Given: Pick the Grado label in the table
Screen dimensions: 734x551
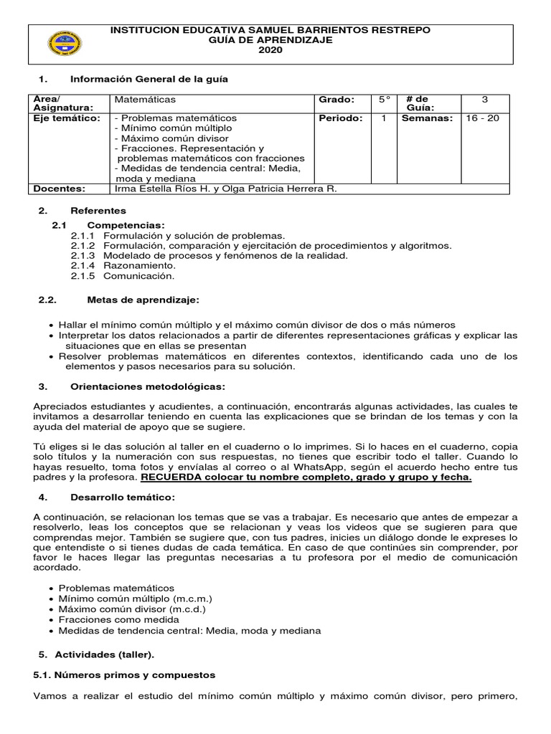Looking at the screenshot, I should point(336,100).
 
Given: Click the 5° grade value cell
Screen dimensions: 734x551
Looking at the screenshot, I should point(385,100).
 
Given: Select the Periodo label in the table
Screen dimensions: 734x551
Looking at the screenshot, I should point(341,118).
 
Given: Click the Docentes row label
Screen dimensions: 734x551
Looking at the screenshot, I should point(60,189).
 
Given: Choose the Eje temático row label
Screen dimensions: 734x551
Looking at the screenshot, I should point(67,118).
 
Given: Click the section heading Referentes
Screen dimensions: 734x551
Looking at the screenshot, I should point(98,211).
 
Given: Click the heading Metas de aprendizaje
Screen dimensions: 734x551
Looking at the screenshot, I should point(133,298).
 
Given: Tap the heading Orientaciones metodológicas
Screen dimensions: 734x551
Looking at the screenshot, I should point(146,386).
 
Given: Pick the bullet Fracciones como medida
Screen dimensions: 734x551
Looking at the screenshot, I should point(118,619).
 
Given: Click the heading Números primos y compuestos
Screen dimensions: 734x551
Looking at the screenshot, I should point(126,675).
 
